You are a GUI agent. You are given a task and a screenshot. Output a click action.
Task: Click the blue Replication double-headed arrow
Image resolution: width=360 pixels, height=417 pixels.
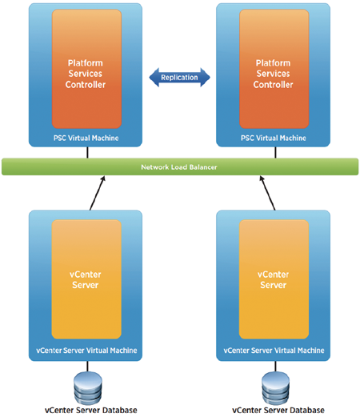click(x=179, y=78)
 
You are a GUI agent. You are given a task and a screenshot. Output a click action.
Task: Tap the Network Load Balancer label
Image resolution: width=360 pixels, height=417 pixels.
click(x=179, y=167)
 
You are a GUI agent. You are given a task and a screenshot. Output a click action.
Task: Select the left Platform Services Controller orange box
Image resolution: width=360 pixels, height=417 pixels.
click(x=86, y=69)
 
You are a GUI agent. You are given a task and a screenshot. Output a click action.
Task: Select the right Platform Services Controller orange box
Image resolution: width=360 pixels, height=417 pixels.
click(x=274, y=69)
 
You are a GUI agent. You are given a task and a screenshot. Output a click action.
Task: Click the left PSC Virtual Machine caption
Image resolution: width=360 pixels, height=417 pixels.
click(x=86, y=138)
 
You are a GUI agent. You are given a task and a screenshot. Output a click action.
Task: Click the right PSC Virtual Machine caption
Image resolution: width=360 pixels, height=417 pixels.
click(x=274, y=138)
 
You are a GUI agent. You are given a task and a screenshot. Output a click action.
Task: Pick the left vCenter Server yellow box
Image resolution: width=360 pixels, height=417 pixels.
click(x=86, y=279)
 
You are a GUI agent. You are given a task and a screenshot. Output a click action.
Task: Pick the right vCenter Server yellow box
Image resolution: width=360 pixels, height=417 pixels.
click(x=274, y=279)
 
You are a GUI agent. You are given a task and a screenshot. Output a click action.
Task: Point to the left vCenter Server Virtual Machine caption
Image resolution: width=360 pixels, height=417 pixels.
click(x=86, y=351)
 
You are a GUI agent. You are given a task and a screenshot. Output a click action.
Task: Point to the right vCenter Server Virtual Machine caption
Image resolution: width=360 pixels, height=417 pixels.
click(x=274, y=351)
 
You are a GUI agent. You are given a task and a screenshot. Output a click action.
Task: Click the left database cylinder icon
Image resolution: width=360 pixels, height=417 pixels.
click(x=88, y=387)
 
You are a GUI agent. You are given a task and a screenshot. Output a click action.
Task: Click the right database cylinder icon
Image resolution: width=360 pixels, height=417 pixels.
click(x=275, y=387)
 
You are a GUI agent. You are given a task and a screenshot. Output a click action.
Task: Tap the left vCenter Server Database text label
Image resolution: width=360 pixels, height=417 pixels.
click(x=91, y=410)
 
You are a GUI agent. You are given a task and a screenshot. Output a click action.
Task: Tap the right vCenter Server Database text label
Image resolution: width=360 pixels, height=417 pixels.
click(x=278, y=410)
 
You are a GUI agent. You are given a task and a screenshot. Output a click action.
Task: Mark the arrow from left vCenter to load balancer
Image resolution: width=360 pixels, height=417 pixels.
click(x=98, y=193)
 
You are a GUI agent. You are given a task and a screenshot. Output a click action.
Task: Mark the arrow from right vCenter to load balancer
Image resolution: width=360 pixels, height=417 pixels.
click(x=267, y=193)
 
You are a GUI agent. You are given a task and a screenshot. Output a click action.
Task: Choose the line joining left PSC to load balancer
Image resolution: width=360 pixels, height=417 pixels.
click(x=87, y=152)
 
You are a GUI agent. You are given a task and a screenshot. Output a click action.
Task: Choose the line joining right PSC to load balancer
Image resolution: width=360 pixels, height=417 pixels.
click(x=275, y=152)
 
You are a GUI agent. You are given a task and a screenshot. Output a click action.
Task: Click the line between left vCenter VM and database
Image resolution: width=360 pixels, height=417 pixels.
click(x=87, y=367)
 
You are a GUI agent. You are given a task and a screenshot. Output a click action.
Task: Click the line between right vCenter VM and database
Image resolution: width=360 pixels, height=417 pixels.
click(x=275, y=367)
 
